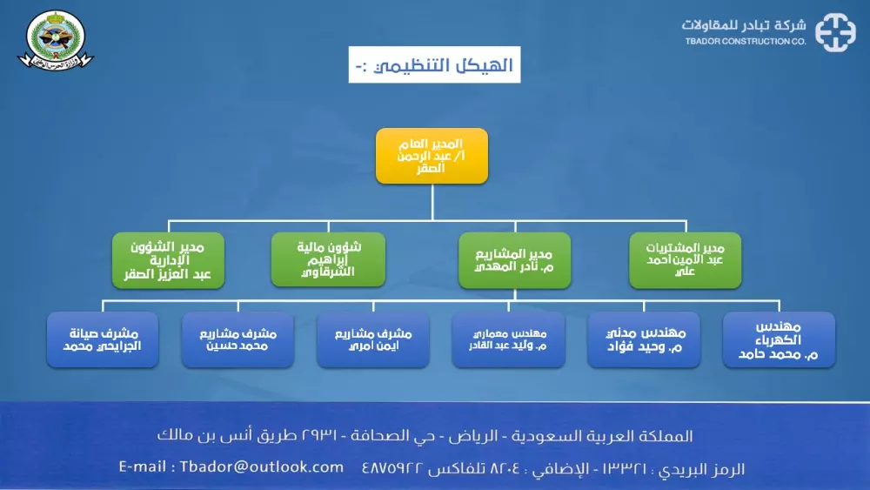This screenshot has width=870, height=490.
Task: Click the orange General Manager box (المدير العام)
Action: pos(432,156)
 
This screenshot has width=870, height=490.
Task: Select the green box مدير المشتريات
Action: pos(686,259)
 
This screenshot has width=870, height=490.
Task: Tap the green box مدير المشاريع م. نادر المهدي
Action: pos(515,259)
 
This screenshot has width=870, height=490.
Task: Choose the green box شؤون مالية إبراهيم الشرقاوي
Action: pos(327,259)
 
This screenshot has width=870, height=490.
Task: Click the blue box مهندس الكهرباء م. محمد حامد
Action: pos(779,340)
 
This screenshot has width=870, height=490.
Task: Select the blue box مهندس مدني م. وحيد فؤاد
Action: pos(644,340)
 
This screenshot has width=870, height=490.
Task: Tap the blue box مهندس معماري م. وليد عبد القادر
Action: pos(508,340)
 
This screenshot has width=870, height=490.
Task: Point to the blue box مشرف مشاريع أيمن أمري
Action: pos(372,340)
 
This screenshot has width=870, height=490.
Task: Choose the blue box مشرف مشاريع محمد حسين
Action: pos(238,340)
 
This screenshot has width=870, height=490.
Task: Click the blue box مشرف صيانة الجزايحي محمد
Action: pos(103,340)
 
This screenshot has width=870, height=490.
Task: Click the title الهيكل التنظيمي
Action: pos(435,65)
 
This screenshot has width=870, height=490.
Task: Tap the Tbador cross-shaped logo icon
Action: pos(834,33)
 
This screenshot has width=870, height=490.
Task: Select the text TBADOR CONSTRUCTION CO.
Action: pos(745,41)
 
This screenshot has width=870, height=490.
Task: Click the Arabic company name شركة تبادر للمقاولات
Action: pos(745,24)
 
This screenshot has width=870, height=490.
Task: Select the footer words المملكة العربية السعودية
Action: pos(631,436)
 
